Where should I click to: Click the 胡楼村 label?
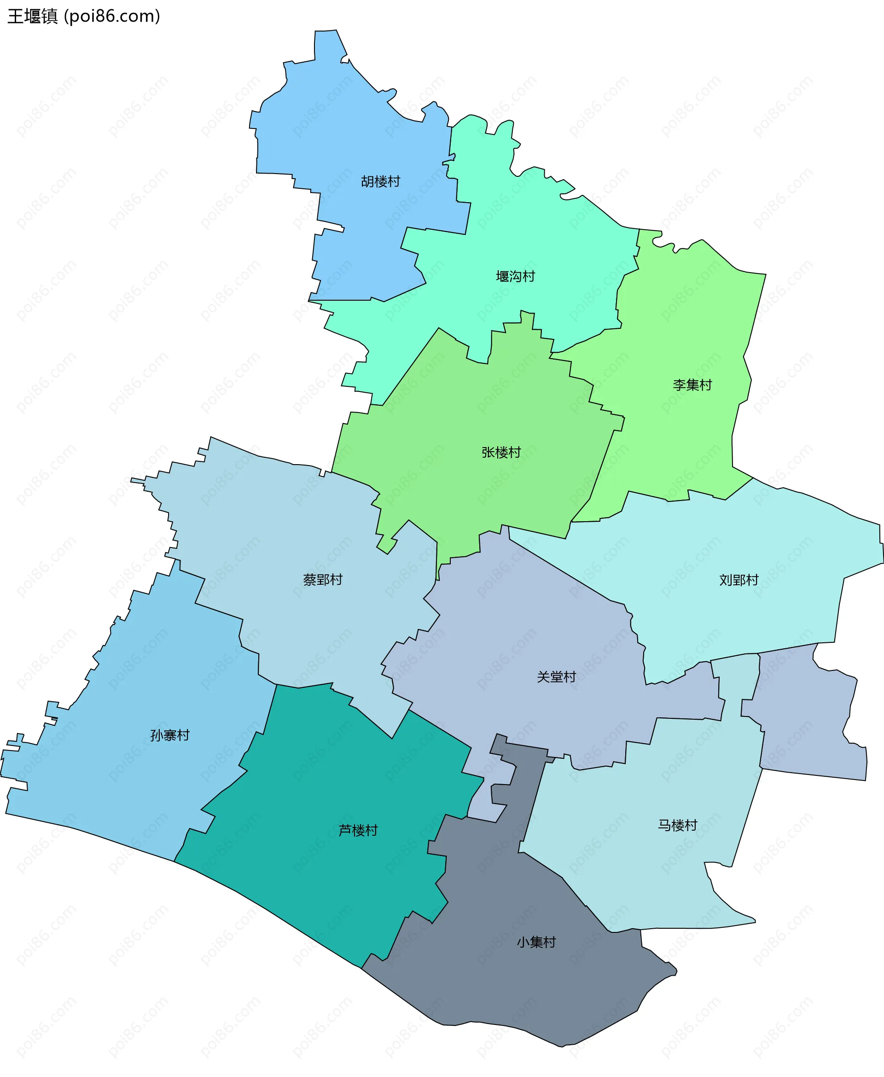[380, 181]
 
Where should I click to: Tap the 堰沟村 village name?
[515, 277]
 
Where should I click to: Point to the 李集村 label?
[692, 385]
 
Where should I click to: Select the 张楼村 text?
[501, 452]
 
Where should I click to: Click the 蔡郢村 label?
[323, 580]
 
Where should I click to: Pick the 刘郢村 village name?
[739, 580]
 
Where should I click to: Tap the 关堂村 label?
[556, 677]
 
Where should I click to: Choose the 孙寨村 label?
[169, 735]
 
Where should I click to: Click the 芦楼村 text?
[358, 831]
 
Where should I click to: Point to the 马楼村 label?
[677, 826]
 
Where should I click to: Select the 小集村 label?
[536, 943]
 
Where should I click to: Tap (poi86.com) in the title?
[112, 16]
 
